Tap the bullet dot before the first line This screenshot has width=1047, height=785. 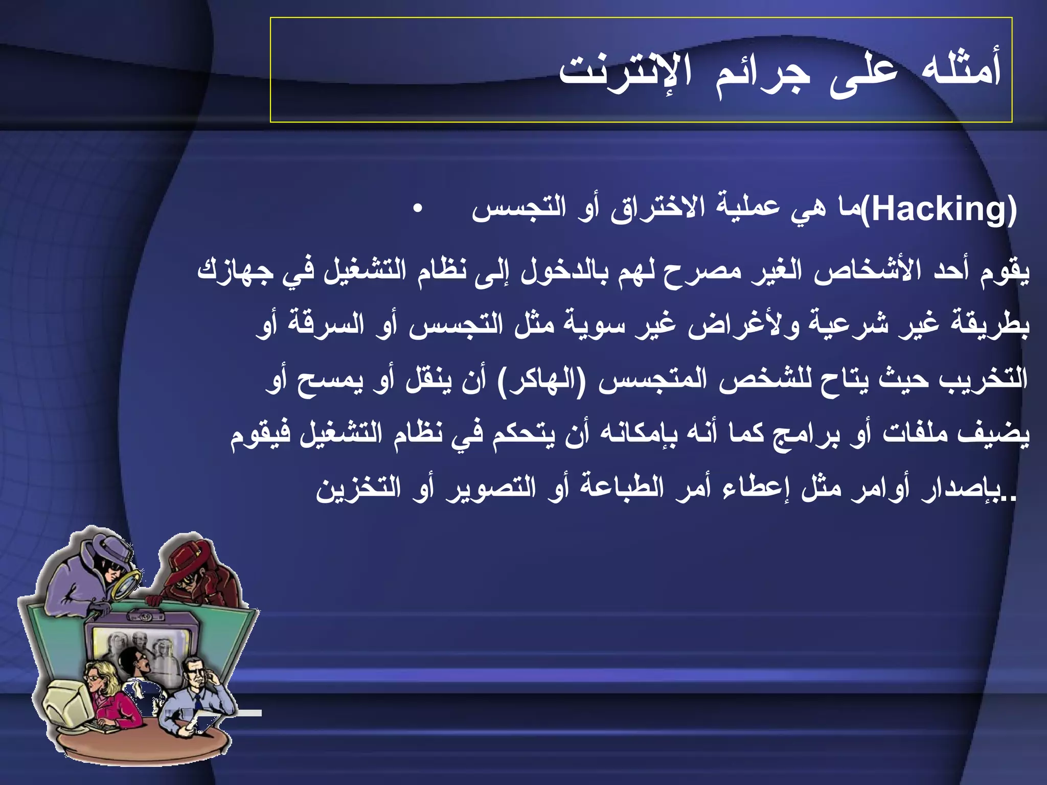click(418, 210)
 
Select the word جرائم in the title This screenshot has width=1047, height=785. click(762, 73)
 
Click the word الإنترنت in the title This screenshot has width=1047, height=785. click(625, 72)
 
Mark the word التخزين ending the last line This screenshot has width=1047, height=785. click(358, 488)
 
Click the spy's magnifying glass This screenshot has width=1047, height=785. click(126, 582)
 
